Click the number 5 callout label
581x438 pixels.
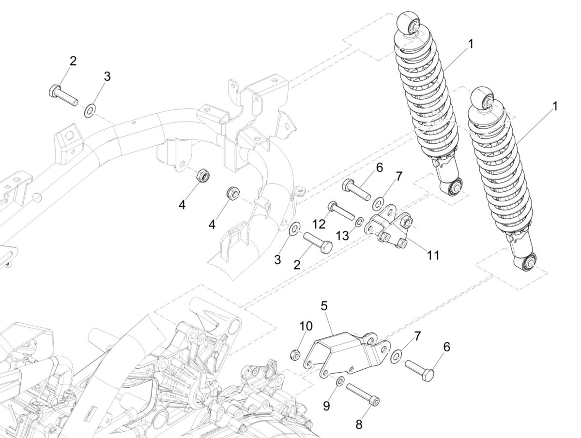[x=324, y=306]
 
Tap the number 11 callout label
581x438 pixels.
[x=433, y=255]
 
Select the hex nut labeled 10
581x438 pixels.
[x=294, y=355]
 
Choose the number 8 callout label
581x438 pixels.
[x=359, y=424]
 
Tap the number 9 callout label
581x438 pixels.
[x=326, y=406]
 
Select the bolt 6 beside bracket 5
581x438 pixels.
[x=419, y=368]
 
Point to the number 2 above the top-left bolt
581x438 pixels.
[x=73, y=61]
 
